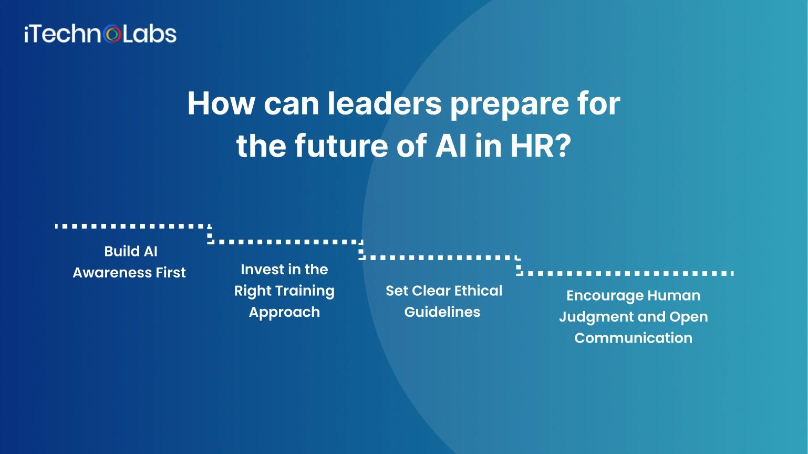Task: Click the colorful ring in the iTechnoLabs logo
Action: (x=112, y=35)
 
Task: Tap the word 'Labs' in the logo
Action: (x=150, y=34)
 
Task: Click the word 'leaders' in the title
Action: (x=385, y=103)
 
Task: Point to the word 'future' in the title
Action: (x=341, y=146)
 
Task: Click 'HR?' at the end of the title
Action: (x=541, y=146)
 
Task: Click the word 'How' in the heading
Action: (x=221, y=103)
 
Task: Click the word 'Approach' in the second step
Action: (x=284, y=313)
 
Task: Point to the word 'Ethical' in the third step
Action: (x=478, y=291)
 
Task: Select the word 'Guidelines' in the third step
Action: (x=442, y=312)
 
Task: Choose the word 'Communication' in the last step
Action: (x=633, y=338)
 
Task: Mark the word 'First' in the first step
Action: (x=171, y=273)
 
